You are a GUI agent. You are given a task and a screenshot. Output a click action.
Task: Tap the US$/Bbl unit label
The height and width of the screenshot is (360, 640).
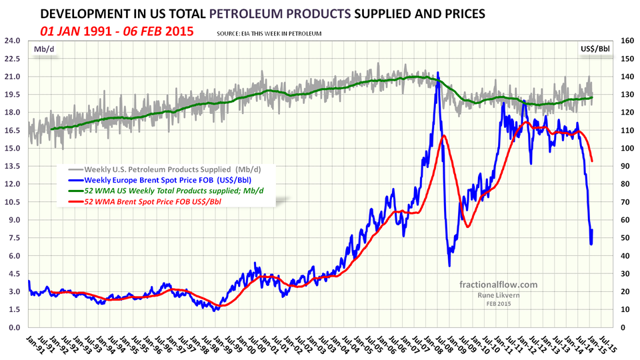[595, 49]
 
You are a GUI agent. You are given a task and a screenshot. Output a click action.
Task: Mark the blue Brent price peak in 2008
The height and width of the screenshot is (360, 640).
[438, 73]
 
